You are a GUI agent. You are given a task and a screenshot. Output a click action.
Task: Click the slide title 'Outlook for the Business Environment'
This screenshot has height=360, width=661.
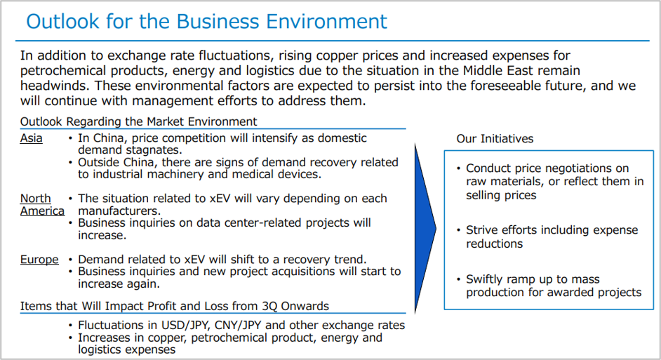(206, 22)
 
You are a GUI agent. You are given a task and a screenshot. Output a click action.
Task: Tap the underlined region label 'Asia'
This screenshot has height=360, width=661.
(31, 138)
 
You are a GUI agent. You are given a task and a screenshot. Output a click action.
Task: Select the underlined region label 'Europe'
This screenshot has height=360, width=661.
(39, 259)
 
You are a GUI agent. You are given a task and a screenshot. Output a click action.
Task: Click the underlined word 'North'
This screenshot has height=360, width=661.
(35, 199)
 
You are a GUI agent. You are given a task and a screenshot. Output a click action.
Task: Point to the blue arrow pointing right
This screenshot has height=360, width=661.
(425, 229)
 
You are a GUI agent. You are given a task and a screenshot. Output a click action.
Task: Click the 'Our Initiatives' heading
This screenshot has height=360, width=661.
(495, 139)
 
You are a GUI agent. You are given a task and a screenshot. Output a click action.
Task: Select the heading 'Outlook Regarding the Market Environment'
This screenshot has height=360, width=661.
(139, 121)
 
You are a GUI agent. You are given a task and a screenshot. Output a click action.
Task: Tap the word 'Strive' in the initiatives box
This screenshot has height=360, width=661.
(481, 229)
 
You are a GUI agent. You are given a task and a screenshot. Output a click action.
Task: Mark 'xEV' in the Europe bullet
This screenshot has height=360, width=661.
(194, 259)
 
